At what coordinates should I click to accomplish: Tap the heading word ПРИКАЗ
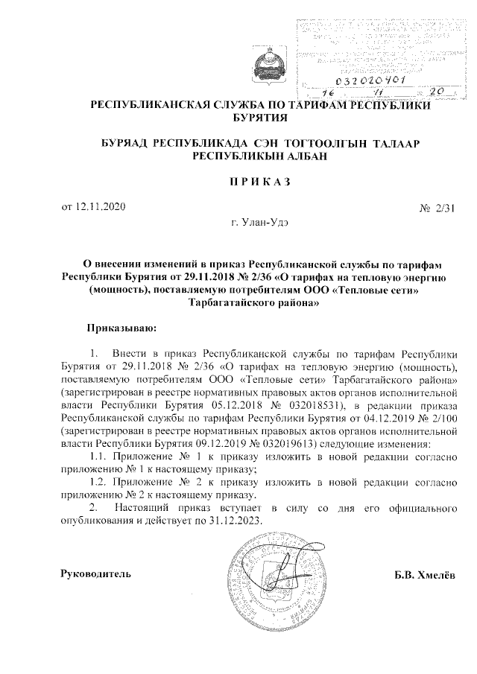click(260, 181)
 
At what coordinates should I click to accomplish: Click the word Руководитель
click(96, 575)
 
